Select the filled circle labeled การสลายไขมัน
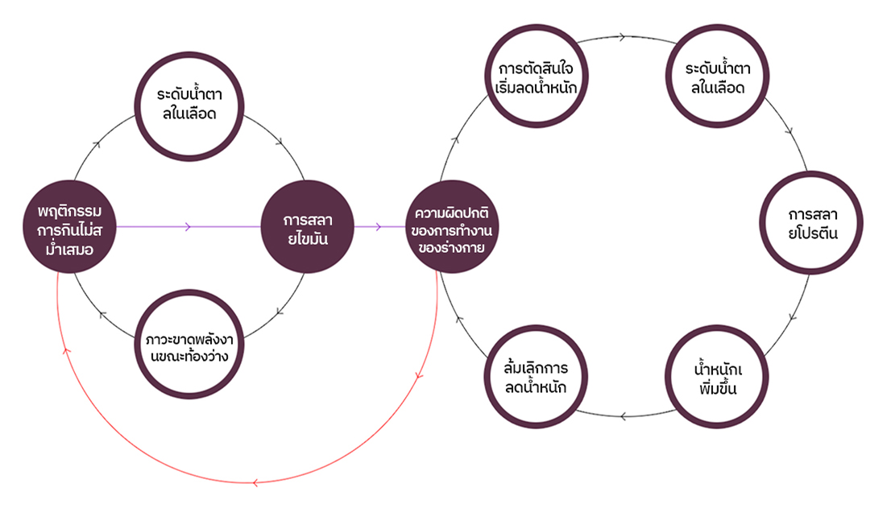[308, 226]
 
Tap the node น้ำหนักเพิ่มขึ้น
[717, 376]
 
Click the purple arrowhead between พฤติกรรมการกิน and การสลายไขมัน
[188, 226]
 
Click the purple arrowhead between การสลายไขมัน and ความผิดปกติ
[378, 226]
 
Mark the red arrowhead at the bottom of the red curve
[255, 482]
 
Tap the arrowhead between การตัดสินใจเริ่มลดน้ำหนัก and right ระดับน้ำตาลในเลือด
[624, 36]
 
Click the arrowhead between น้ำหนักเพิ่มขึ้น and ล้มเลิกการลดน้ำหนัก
[624, 415]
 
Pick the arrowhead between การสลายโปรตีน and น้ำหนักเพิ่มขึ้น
[793, 317]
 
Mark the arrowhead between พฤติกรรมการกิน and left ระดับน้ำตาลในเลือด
[97, 145]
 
